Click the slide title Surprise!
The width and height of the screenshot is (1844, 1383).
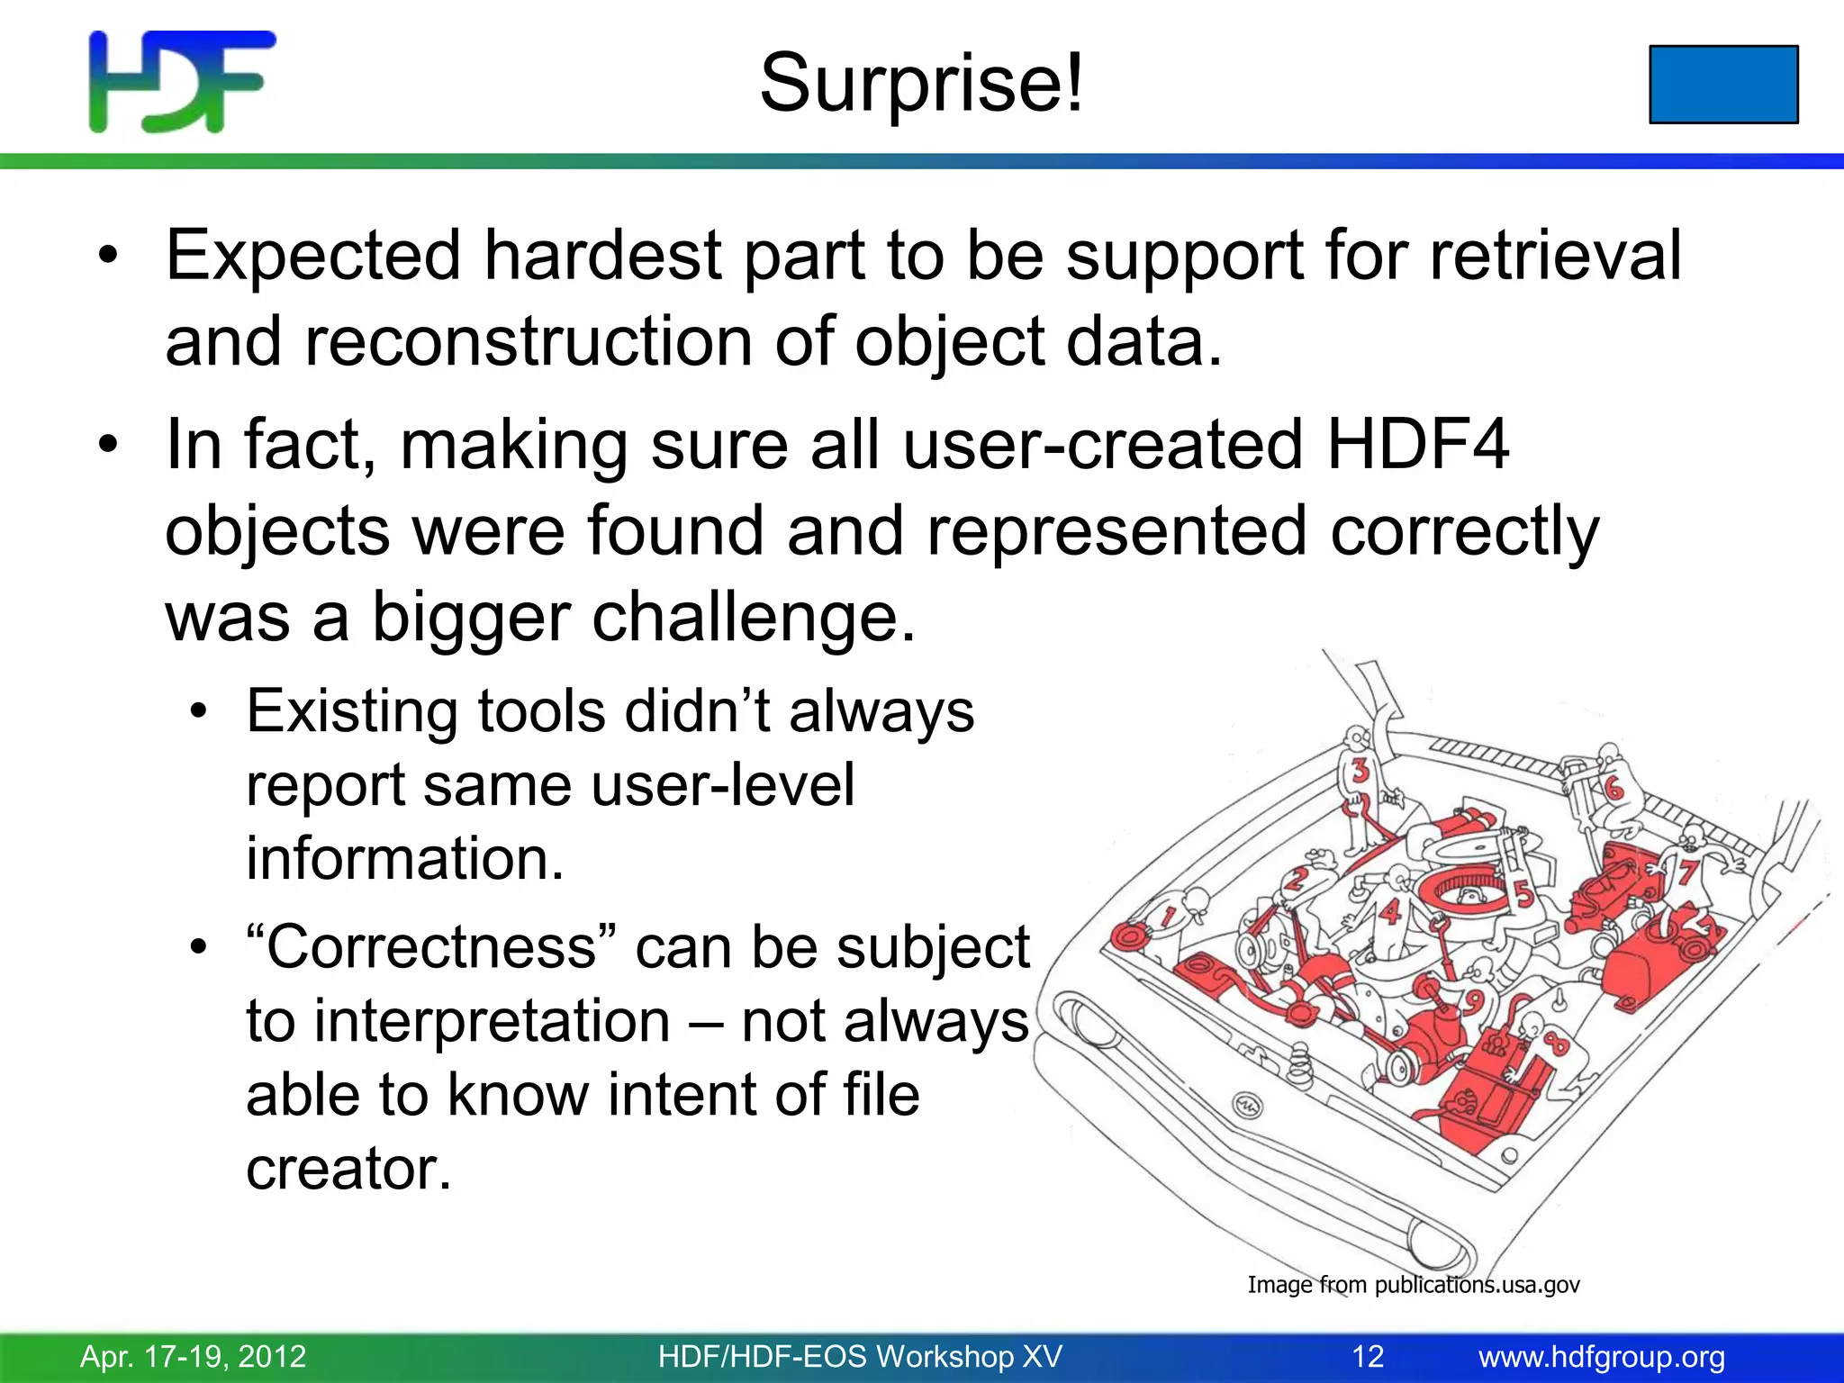922,83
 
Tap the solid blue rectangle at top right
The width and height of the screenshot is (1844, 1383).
1723,84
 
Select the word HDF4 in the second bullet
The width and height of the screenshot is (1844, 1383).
1417,445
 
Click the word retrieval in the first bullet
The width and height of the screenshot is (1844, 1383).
1555,256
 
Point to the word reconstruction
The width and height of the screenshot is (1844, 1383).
529,342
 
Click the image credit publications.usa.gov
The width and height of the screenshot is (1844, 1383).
1477,1285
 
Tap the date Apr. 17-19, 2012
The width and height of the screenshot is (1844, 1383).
194,1357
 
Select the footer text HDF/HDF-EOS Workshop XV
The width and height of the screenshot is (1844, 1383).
860,1357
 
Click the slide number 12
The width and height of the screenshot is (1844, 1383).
1367,1357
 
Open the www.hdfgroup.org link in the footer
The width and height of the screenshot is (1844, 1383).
1602,1357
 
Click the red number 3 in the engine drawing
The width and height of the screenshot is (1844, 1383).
1360,771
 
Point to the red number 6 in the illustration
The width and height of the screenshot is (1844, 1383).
1613,790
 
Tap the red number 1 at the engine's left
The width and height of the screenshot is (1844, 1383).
1169,917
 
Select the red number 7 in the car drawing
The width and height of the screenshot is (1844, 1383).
1686,872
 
